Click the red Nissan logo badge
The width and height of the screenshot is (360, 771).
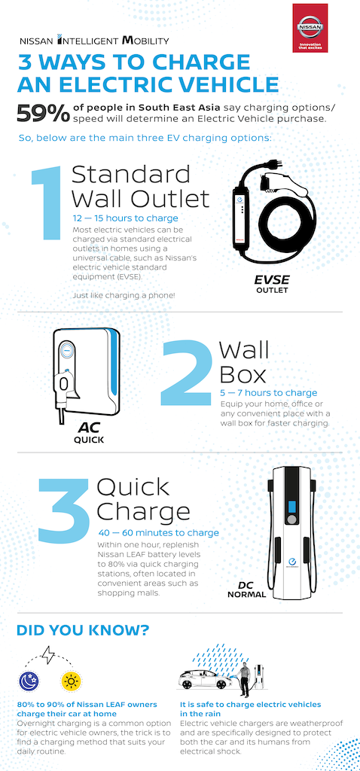[310, 28]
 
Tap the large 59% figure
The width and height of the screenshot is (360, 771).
[43, 114]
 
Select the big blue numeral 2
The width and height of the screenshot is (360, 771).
[185, 373]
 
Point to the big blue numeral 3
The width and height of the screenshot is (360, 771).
[65, 510]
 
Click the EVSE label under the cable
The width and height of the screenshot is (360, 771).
[271, 280]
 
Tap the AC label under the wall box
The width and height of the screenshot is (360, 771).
[89, 428]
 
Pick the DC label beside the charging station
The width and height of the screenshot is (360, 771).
[246, 585]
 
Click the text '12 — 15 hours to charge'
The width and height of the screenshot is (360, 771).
[125, 218]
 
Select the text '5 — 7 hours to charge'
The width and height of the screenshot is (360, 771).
[269, 393]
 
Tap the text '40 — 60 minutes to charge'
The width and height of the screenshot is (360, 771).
[158, 532]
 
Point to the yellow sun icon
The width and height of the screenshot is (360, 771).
[70, 681]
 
